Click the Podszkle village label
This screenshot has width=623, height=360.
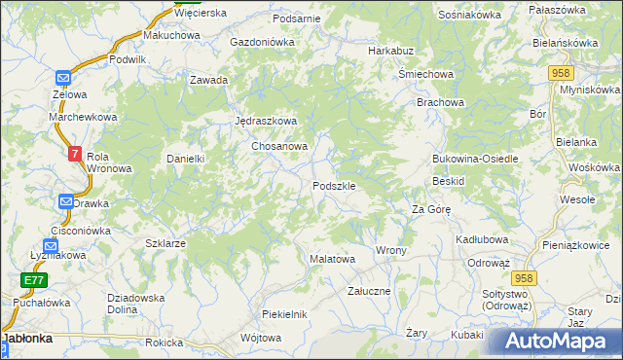pos(339,186)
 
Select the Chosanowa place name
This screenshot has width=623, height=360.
pos(280,146)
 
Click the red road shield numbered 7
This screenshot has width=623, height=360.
pos(76,153)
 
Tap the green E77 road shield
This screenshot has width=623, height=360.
pos(34,280)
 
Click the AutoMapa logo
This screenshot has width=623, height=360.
pos(554,342)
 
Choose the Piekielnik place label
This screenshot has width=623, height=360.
pos(284,314)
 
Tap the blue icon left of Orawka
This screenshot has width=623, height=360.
pos(66,202)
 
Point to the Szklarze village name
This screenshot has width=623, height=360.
pos(165,243)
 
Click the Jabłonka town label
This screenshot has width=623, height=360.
pos(33,340)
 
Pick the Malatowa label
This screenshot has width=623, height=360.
pos(331,260)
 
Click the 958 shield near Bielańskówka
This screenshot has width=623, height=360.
pos(561,73)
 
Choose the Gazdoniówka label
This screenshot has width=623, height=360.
pos(262,43)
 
